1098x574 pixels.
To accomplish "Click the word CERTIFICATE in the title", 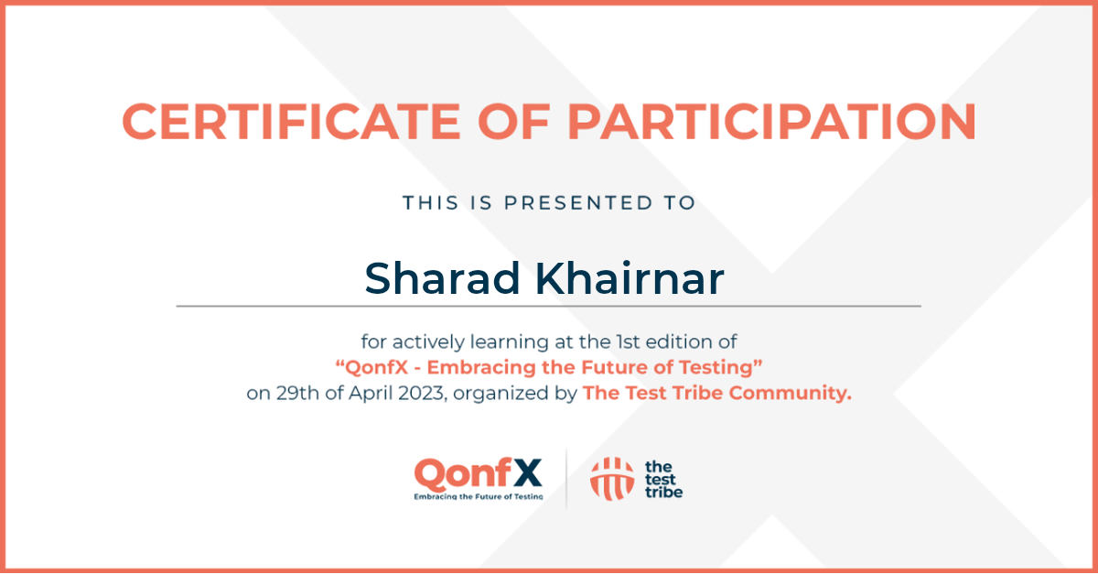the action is (291, 122).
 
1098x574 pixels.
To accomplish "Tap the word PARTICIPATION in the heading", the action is (771, 122).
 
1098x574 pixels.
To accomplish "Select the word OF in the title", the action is (514, 122).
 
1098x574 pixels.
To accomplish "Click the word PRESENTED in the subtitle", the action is (578, 202).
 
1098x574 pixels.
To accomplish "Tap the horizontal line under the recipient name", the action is (548, 306).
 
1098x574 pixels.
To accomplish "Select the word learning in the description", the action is (509, 342).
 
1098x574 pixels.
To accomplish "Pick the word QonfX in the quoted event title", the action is (376, 367).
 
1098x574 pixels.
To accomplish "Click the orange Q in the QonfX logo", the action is (430, 474).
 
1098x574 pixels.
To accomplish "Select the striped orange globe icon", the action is (612, 479).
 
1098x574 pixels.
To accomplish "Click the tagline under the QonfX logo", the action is (479, 496).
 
